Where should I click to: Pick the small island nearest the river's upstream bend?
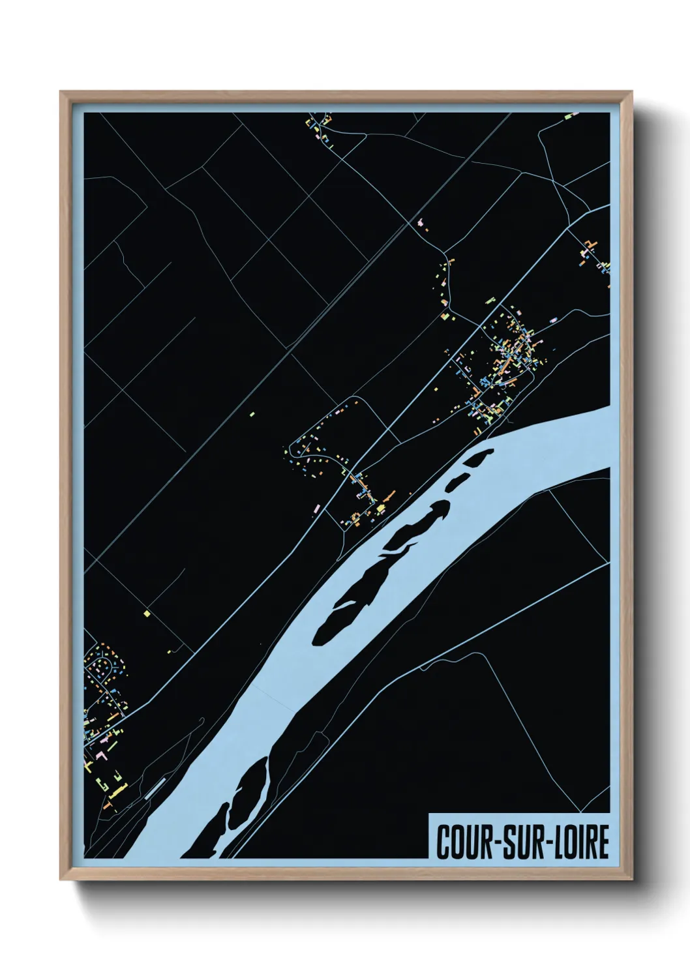[x=477, y=458]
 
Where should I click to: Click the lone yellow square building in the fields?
[x=147, y=613]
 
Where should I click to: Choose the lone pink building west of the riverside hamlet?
[x=317, y=507]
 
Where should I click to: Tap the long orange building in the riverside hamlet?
[x=361, y=486]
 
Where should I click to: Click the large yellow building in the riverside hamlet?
[x=380, y=508]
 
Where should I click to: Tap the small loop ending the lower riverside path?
[x=202, y=720]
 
